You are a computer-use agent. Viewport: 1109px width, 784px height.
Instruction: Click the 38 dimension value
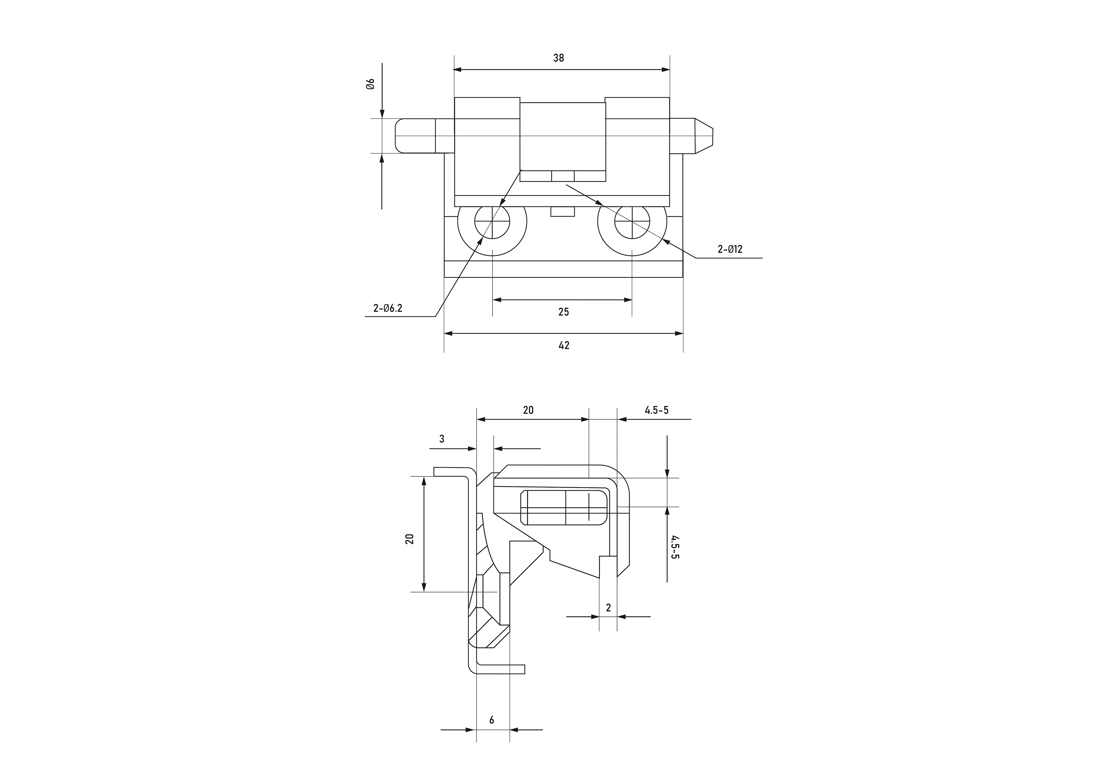pos(558,58)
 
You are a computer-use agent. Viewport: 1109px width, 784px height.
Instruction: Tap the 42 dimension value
pos(564,346)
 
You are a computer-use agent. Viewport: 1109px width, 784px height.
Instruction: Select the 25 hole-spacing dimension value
pos(564,312)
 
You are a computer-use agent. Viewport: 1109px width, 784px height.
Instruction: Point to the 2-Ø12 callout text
pos(730,249)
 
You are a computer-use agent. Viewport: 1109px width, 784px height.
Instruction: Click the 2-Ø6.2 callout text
pos(387,308)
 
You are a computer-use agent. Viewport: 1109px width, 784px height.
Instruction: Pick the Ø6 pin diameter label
pos(371,84)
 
